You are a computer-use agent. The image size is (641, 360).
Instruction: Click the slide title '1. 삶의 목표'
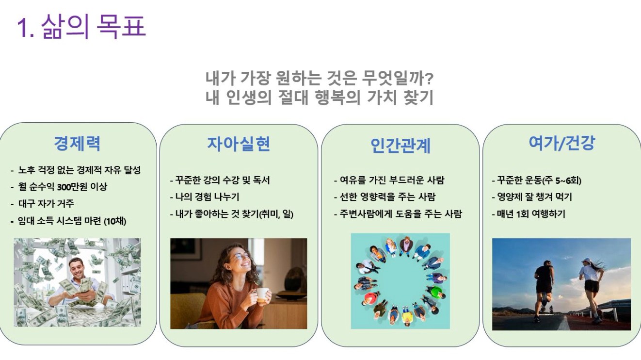coord(81,27)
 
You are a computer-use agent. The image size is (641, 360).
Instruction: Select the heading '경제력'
coord(77,143)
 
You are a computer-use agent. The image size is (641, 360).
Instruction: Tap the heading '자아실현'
coord(239,144)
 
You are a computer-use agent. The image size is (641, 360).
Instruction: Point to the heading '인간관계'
coord(401,146)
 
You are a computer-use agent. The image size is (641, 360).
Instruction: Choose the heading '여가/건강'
coord(562,143)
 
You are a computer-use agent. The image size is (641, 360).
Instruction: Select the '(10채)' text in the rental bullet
coord(115,221)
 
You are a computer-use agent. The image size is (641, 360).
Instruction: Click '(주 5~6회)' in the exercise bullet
coord(562,180)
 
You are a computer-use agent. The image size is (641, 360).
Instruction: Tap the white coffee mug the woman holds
coord(262,295)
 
